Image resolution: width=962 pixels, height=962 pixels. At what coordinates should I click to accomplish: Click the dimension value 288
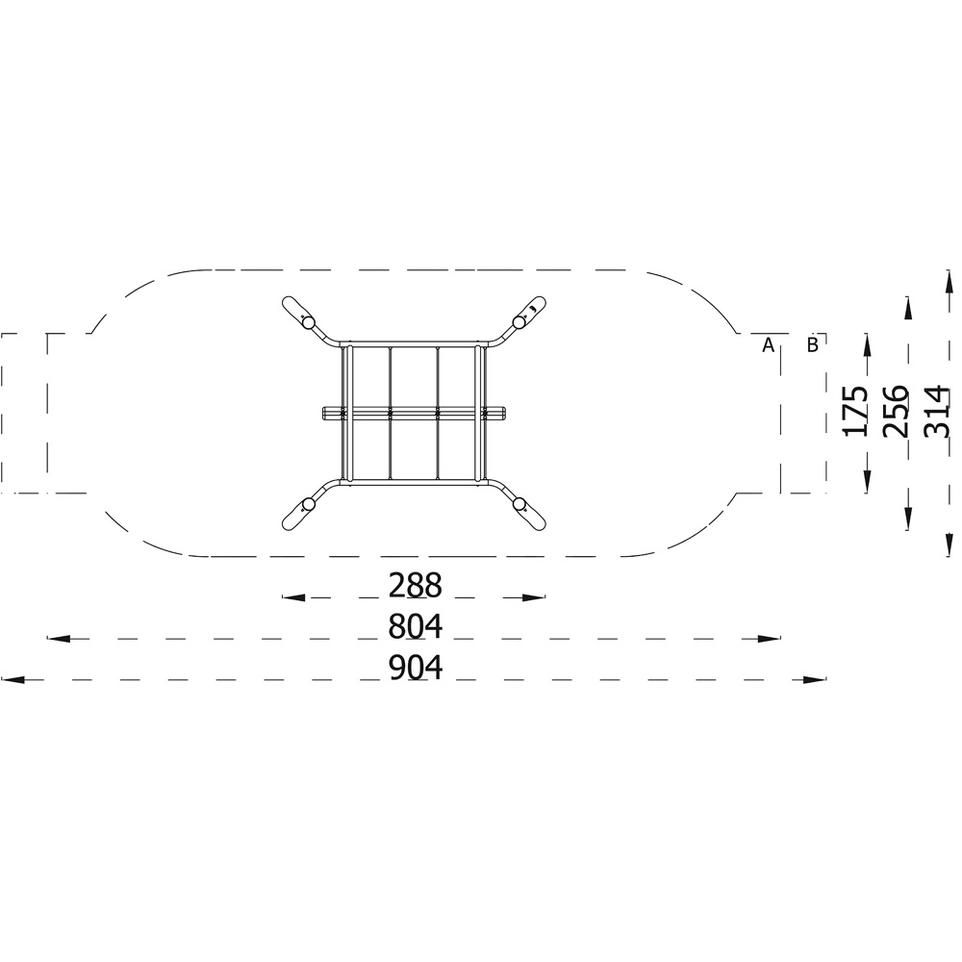(416, 585)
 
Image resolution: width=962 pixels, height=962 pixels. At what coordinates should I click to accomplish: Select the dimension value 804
(416, 626)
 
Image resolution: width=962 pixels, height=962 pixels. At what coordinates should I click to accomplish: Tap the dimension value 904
(416, 668)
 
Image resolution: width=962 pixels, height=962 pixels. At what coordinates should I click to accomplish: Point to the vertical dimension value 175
(856, 411)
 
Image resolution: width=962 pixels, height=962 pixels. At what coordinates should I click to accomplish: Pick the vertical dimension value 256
(895, 411)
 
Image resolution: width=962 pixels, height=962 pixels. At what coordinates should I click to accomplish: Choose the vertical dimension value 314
(936, 411)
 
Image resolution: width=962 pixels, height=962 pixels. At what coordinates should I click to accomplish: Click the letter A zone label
(768, 345)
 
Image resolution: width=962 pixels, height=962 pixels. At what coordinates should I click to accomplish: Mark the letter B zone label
(812, 345)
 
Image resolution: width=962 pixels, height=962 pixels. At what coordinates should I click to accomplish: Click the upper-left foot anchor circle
(308, 321)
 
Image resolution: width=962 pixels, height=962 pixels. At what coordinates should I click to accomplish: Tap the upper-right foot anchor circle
(519, 321)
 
